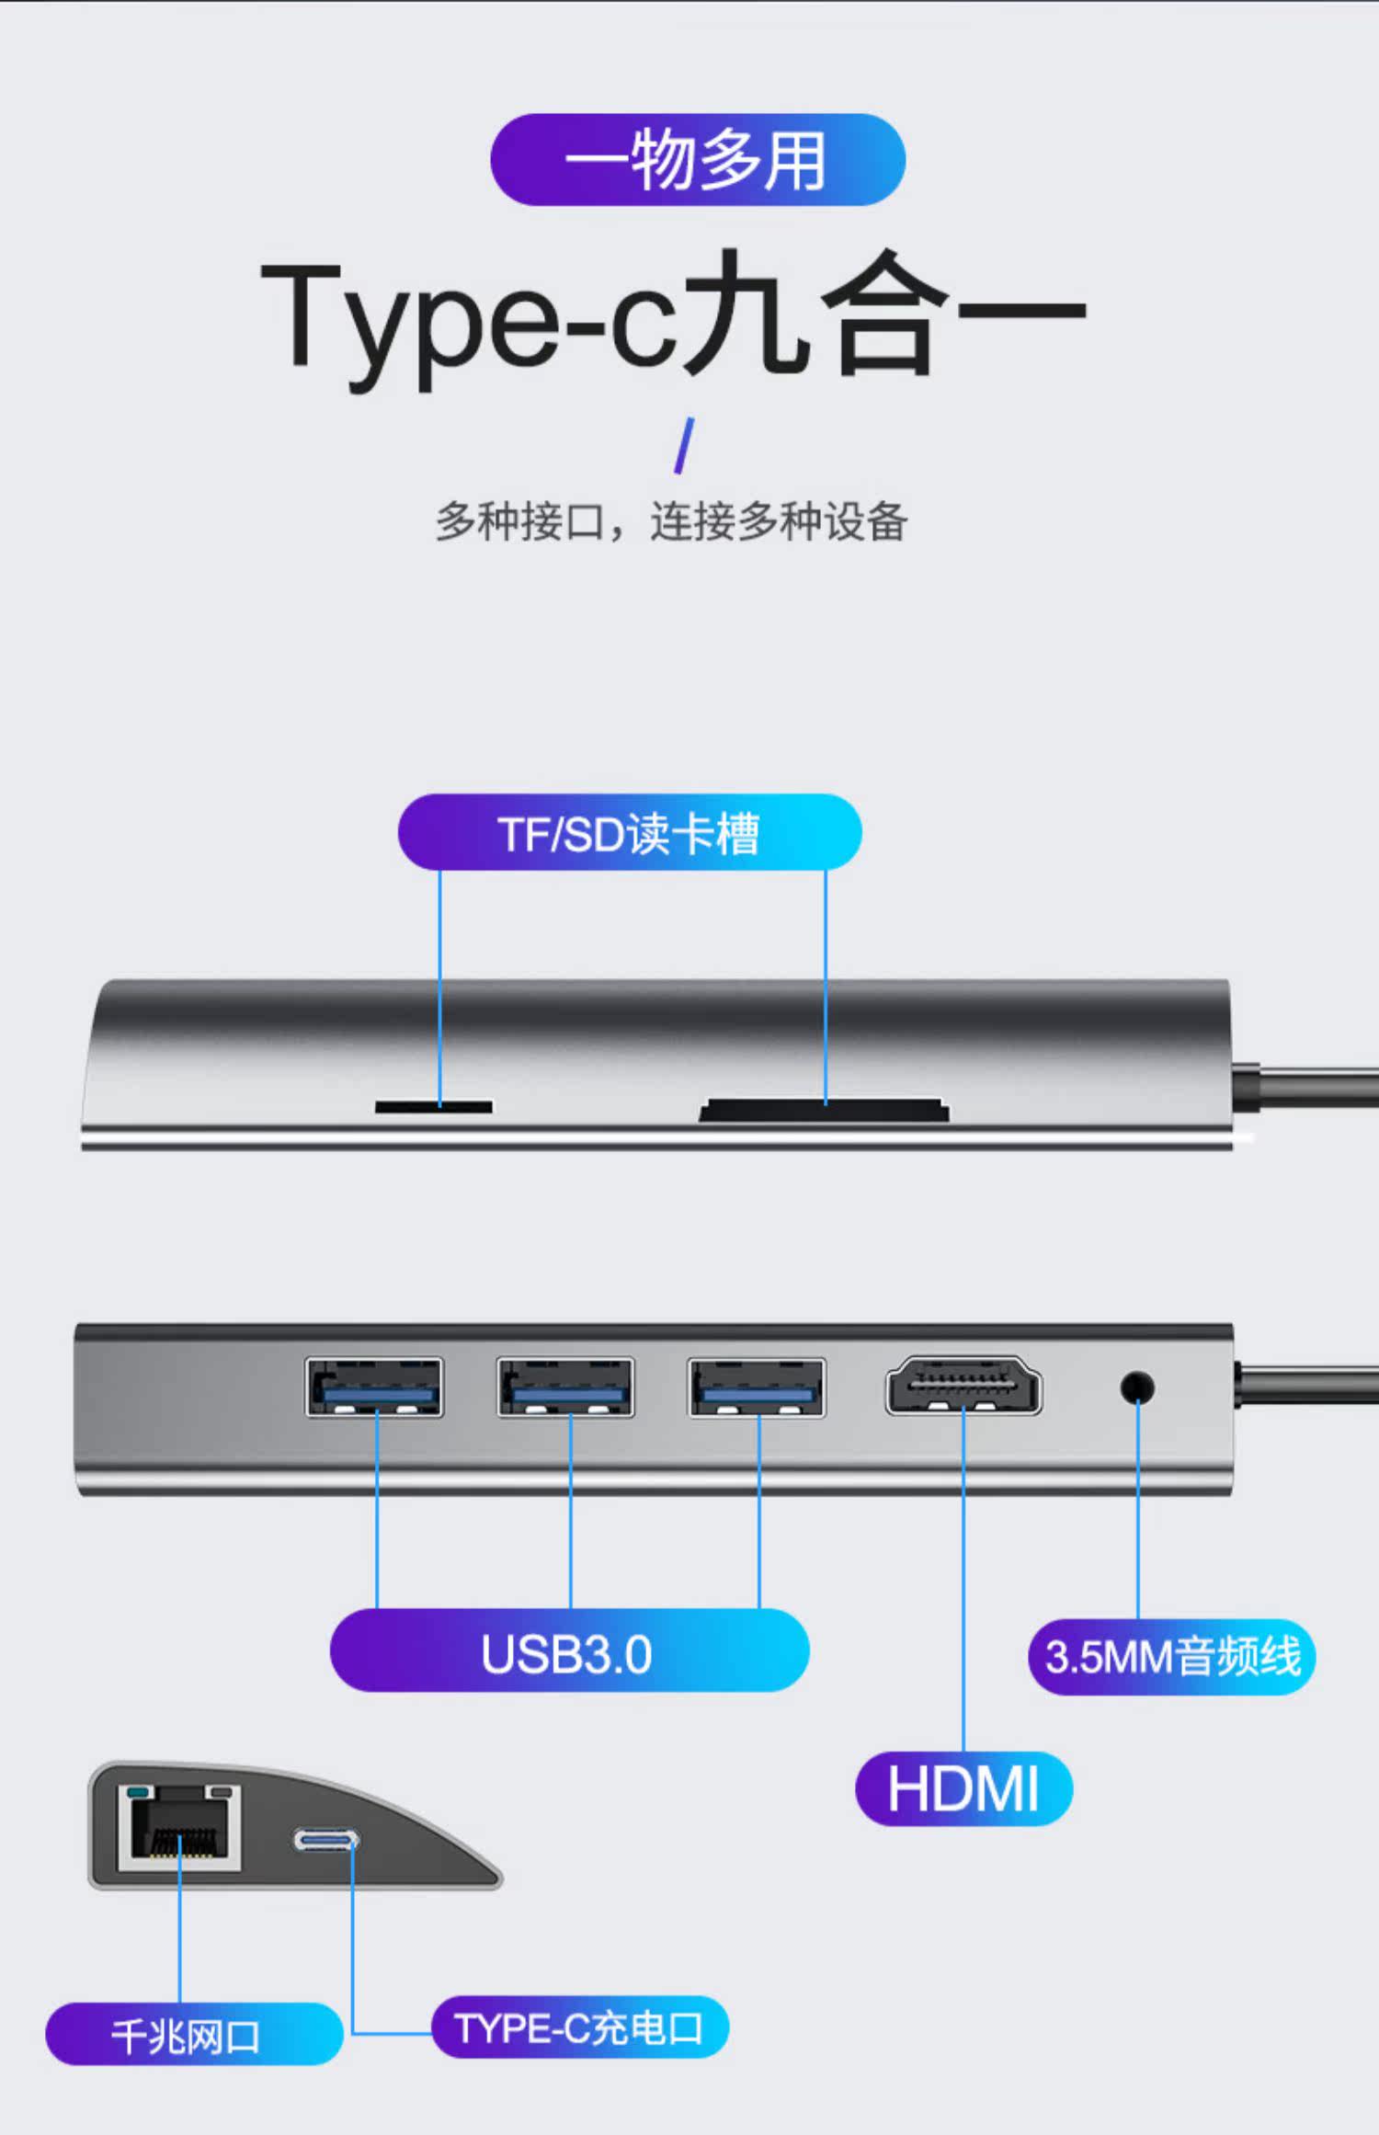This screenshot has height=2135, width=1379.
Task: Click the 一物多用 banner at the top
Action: point(698,160)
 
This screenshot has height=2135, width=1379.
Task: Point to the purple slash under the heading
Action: point(684,446)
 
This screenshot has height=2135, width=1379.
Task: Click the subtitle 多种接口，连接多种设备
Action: point(671,522)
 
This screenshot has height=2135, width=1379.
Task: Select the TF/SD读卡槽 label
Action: point(630,833)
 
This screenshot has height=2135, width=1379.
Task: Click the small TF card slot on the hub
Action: point(433,1107)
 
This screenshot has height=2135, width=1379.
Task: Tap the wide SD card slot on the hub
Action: point(824,1111)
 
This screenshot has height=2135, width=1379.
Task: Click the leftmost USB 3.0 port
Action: point(374,1387)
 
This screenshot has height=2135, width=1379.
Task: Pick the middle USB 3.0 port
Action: point(565,1387)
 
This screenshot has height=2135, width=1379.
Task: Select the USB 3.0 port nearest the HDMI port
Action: point(757,1387)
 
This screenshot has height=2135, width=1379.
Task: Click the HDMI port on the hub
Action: point(963,1386)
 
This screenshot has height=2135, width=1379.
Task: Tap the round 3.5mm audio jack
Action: point(1137,1387)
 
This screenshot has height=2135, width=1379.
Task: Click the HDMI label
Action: point(963,1788)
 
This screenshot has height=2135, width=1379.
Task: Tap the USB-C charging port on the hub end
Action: point(326,1840)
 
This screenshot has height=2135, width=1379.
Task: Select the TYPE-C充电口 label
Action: point(580,2027)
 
